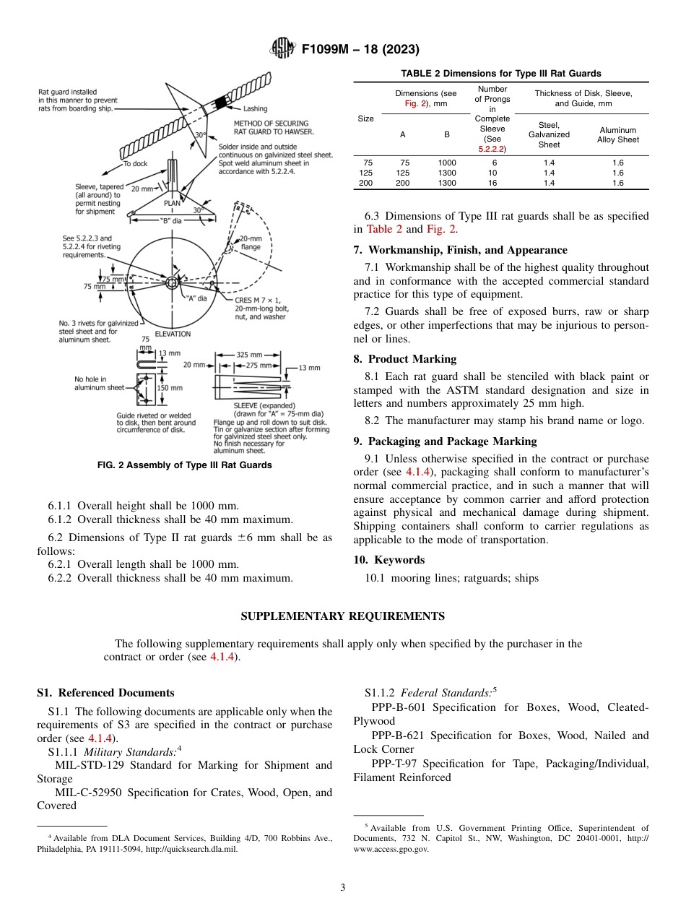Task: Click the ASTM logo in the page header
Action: click(282, 49)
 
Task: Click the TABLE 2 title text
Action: click(500, 74)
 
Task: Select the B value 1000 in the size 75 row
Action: click(447, 163)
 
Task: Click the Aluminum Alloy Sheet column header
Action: click(617, 135)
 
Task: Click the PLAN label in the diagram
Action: click(172, 203)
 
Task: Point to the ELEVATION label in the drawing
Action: click(173, 334)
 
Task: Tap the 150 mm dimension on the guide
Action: click(171, 388)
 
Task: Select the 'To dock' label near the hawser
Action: click(135, 164)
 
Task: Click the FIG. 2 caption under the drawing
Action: click(184, 465)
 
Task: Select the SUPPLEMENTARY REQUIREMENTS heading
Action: click(342, 616)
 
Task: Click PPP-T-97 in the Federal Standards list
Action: click(394, 764)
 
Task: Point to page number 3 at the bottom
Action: click(342, 888)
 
